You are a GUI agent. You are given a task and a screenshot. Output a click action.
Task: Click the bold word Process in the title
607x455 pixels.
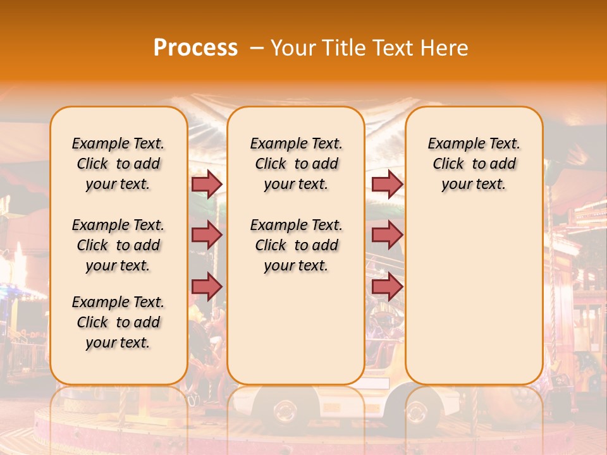tap(195, 47)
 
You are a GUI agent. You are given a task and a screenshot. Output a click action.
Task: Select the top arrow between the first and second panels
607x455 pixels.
tap(207, 184)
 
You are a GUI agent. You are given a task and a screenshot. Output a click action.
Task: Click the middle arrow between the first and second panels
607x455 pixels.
tap(207, 235)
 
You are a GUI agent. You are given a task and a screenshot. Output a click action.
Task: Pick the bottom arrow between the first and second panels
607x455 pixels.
tap(207, 287)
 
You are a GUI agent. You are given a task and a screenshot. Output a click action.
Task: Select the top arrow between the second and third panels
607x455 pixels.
tap(387, 184)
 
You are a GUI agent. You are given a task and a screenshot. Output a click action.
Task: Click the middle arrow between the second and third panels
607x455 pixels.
tap(387, 235)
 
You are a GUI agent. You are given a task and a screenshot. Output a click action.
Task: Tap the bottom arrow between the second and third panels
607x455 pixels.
tap(387, 287)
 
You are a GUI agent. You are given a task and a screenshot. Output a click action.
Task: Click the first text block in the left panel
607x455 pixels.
tap(118, 164)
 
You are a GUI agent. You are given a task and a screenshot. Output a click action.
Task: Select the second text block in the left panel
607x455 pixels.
tap(118, 245)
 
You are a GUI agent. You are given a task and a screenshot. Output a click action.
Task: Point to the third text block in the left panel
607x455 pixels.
tap(118, 322)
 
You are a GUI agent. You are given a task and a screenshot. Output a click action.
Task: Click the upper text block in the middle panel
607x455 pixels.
tap(296, 164)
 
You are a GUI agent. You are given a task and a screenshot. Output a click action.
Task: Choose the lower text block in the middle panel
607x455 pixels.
tap(296, 245)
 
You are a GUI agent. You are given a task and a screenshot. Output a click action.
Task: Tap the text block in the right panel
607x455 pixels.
tap(474, 164)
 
